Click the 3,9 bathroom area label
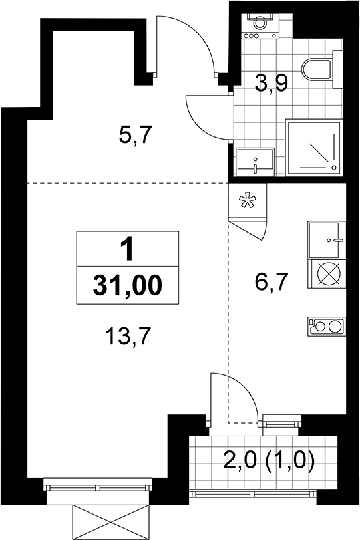(x=271, y=84)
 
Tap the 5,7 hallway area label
(x=135, y=135)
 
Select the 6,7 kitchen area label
(x=271, y=282)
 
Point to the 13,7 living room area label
(x=128, y=336)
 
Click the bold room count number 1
(x=128, y=249)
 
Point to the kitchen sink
(x=327, y=240)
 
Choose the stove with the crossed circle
(x=327, y=274)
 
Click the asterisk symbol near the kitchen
(x=248, y=202)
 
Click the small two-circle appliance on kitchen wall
(x=327, y=327)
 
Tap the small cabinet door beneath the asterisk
(x=249, y=228)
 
